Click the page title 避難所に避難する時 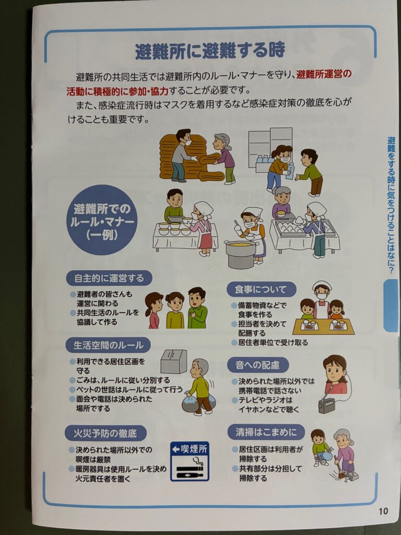[210, 51]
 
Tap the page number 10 [383, 511]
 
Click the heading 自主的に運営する [109, 278]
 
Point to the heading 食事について [261, 289]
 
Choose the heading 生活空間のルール [109, 345]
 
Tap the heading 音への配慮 [258, 365]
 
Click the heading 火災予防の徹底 [105, 433]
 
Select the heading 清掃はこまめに [266, 432]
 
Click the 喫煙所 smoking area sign [190, 461]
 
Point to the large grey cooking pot [241, 254]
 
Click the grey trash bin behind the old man [173, 360]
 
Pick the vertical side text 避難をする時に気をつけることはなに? [391, 205]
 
